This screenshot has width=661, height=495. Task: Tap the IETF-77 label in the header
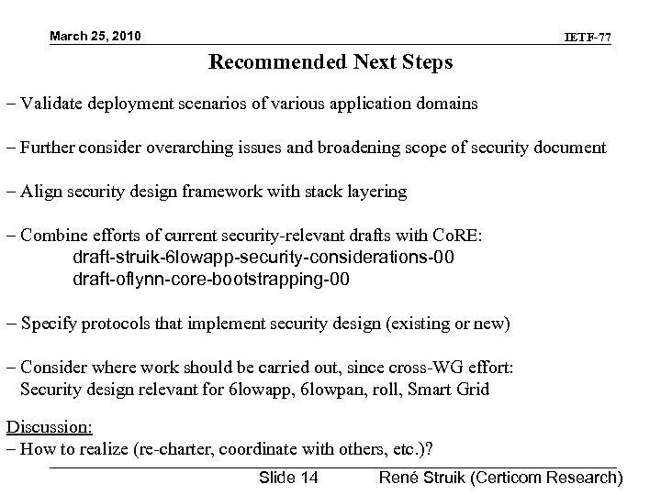588,38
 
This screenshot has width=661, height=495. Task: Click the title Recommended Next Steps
330,63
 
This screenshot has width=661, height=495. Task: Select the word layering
375,191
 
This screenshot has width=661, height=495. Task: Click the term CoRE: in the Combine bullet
471,235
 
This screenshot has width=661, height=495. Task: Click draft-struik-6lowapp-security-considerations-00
263,257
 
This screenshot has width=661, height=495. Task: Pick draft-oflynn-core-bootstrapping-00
210,279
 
